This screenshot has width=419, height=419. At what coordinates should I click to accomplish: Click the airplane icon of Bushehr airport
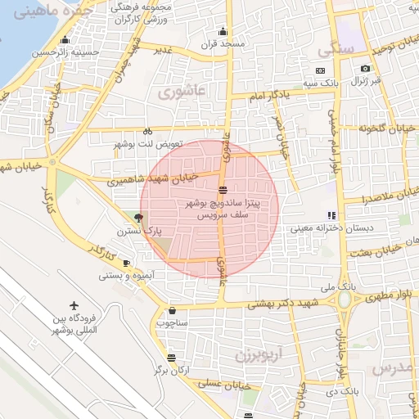click(75, 304)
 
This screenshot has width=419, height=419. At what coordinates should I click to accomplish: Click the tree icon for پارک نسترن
click(137, 218)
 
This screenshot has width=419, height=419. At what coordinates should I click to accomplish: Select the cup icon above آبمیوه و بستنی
click(126, 263)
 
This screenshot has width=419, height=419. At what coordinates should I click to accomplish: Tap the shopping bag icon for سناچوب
click(173, 310)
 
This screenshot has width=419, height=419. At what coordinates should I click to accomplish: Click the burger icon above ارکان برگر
click(170, 358)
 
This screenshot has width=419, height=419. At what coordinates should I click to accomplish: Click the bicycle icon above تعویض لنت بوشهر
click(147, 131)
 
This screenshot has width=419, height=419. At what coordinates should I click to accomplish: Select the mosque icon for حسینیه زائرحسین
click(67, 40)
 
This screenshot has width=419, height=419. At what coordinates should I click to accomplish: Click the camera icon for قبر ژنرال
click(365, 69)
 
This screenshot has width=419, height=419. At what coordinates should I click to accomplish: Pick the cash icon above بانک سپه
click(320, 70)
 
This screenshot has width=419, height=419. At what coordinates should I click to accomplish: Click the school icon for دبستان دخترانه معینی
click(331, 215)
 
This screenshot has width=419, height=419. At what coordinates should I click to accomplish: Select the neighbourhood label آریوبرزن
click(258, 356)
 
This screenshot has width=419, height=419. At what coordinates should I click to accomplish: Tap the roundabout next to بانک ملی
click(344, 299)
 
